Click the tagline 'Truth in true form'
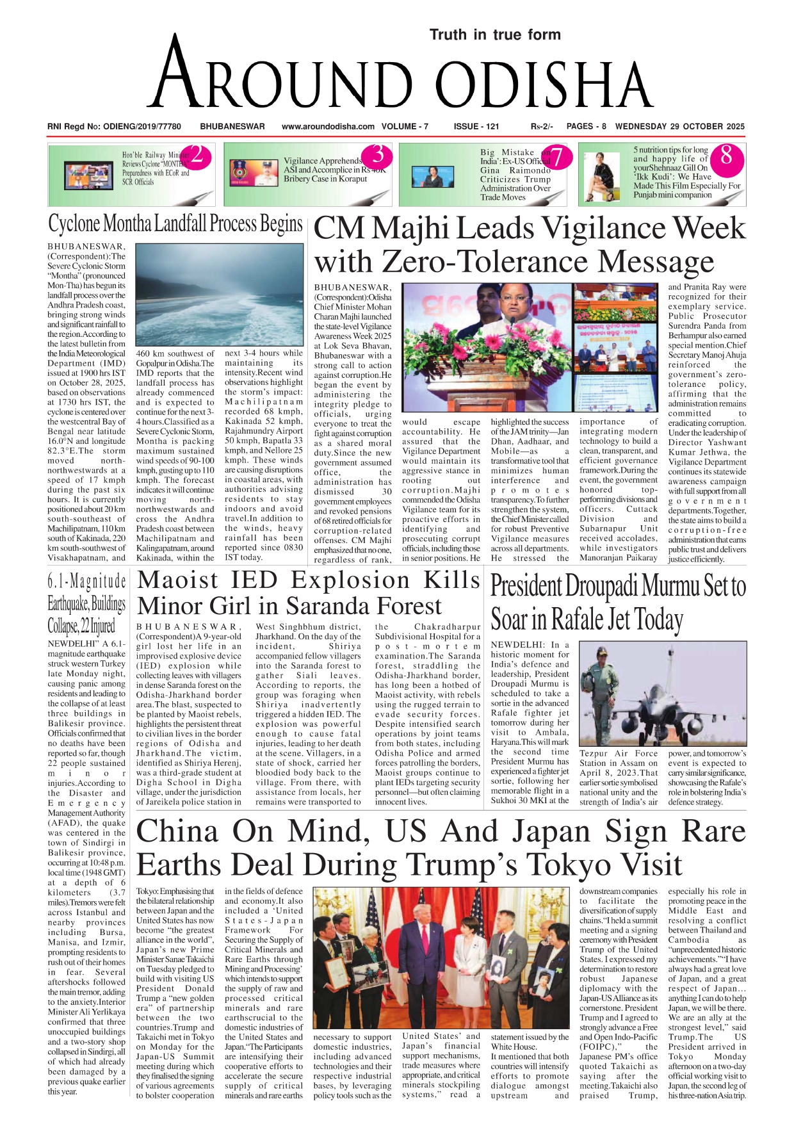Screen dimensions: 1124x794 point(494,35)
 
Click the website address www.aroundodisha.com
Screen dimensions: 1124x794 point(328,126)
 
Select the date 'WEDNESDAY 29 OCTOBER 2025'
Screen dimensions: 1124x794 point(679,126)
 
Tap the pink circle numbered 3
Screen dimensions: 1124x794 point(378,155)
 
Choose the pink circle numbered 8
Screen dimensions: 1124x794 point(725,156)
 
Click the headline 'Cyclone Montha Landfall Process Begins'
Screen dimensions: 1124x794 point(175,224)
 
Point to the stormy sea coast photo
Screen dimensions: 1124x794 point(220,295)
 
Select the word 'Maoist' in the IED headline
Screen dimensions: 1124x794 point(179,580)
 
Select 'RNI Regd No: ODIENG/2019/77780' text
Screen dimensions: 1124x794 point(114,126)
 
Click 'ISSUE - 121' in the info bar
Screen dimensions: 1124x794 point(476,126)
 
